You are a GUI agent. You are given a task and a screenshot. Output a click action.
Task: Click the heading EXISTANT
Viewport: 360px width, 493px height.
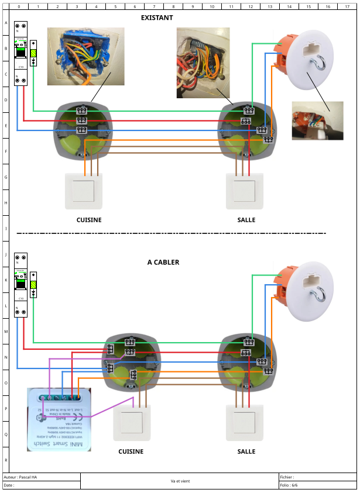point(157,18)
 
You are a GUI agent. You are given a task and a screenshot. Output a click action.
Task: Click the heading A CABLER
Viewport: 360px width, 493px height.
point(163,263)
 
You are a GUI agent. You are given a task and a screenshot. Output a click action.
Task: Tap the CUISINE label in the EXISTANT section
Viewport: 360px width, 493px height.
point(89,220)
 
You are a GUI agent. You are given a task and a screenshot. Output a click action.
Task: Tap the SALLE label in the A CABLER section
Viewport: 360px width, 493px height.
point(246,451)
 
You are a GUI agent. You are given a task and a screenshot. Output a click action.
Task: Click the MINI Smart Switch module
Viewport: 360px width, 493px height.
point(59,419)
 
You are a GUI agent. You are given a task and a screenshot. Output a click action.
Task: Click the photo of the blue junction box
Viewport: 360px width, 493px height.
point(85,56)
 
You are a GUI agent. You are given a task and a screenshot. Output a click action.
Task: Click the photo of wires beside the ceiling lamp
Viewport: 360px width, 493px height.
point(317,121)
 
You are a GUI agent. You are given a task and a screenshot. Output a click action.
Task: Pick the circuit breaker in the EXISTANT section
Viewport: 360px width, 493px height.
point(20,53)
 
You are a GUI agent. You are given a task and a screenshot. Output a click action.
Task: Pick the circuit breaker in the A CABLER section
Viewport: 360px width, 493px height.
point(20,285)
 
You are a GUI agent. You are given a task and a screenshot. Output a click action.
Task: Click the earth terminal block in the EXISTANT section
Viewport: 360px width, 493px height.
point(33,53)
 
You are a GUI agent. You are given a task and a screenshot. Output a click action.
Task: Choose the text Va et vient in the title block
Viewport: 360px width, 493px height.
point(180,481)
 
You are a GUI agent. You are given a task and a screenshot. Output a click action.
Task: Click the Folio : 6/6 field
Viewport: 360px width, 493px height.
point(289,485)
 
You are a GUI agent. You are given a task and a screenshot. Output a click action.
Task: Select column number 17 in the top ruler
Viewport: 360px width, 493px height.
point(346,6)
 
